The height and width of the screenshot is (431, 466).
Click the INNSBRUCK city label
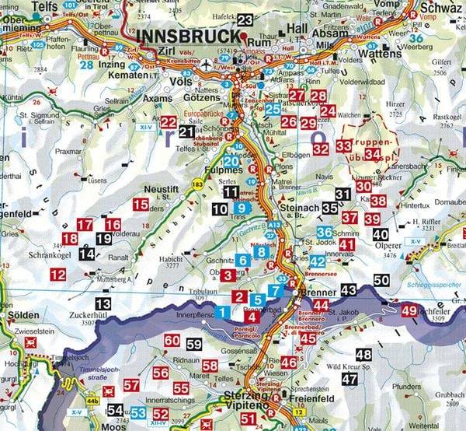point(186,37)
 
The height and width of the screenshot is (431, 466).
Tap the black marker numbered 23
point(245,20)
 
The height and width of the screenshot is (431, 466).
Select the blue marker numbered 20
point(231,162)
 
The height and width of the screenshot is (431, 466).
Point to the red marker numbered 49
point(409,310)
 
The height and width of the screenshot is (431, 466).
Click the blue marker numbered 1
point(222,313)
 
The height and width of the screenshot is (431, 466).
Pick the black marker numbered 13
point(103,303)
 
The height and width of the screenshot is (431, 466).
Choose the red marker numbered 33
point(344,146)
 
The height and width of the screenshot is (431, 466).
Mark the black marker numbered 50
point(381,280)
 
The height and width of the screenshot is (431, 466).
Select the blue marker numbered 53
point(137,412)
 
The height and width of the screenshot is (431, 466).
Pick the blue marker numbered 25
point(273,109)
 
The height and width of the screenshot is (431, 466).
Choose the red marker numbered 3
point(228,275)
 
